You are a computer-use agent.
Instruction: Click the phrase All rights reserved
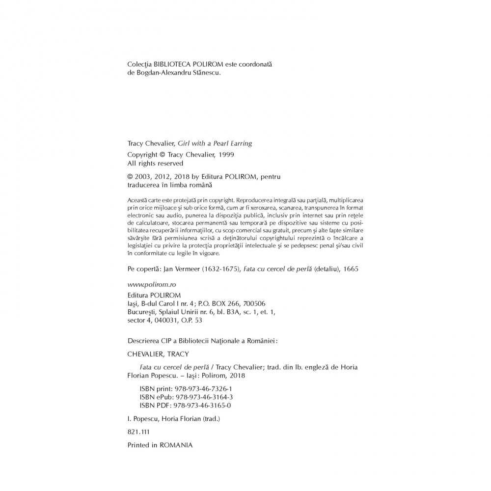(x=155, y=163)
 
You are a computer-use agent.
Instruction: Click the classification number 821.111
(x=137, y=432)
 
